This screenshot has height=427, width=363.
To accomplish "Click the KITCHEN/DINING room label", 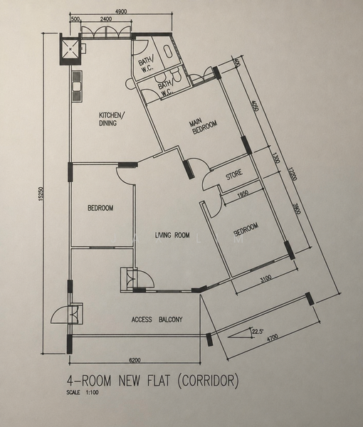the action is [x=112, y=119].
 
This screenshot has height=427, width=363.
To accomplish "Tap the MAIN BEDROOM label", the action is [x=204, y=126].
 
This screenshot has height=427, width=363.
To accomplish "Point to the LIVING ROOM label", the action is [x=172, y=235].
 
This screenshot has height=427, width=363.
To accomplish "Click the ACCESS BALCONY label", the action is [x=157, y=320].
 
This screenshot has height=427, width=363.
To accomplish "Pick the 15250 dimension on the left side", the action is [x=41, y=194].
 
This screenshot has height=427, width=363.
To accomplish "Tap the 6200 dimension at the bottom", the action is [x=135, y=360].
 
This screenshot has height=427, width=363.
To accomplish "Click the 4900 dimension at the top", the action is [x=121, y=11].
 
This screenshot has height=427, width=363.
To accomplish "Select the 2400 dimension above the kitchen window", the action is [x=106, y=19].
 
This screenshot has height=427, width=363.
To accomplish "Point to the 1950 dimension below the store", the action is [x=243, y=194].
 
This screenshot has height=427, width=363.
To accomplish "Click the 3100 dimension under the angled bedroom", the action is [x=265, y=279].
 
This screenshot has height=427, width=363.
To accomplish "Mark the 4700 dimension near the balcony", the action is [x=273, y=338].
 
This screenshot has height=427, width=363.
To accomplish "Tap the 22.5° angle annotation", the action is [x=258, y=332].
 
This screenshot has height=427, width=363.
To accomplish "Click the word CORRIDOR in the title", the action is [x=208, y=381].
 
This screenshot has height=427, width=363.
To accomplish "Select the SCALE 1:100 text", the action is [x=83, y=392].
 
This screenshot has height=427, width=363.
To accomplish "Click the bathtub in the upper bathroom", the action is [x=168, y=51].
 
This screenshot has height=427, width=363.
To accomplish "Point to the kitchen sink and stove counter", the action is [x=77, y=86].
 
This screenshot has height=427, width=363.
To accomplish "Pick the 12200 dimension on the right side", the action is [x=293, y=174].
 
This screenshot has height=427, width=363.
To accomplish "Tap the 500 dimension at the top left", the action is [x=75, y=19].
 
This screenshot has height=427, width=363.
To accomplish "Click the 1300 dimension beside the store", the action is [x=276, y=157].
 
